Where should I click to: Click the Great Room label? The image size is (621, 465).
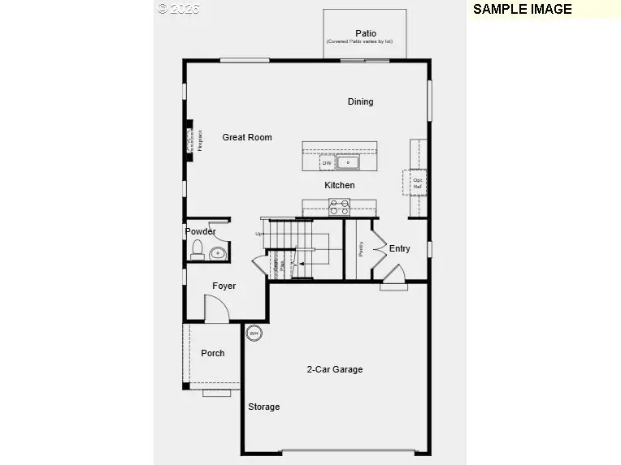tap(247, 137)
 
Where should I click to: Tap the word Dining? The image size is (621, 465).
tap(360, 101)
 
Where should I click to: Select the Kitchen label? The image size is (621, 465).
tap(340, 185)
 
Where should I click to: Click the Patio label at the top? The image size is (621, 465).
tap(365, 33)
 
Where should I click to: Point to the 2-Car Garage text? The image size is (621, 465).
tap(334, 369)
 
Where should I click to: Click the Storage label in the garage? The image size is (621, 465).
tap(264, 407)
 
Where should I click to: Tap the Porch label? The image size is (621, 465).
tap(213, 353)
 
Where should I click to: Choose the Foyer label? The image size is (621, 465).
tap(224, 286)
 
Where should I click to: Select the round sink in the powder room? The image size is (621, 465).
tap(215, 254)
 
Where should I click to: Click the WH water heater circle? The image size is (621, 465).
tap(254, 333)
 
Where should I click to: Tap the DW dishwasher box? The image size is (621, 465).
tap(327, 163)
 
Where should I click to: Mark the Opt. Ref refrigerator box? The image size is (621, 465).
tap(417, 183)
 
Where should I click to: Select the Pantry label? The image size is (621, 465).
tap(361, 248)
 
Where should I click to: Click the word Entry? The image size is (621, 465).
tap(400, 248)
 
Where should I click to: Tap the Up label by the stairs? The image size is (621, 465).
tap(260, 235)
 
